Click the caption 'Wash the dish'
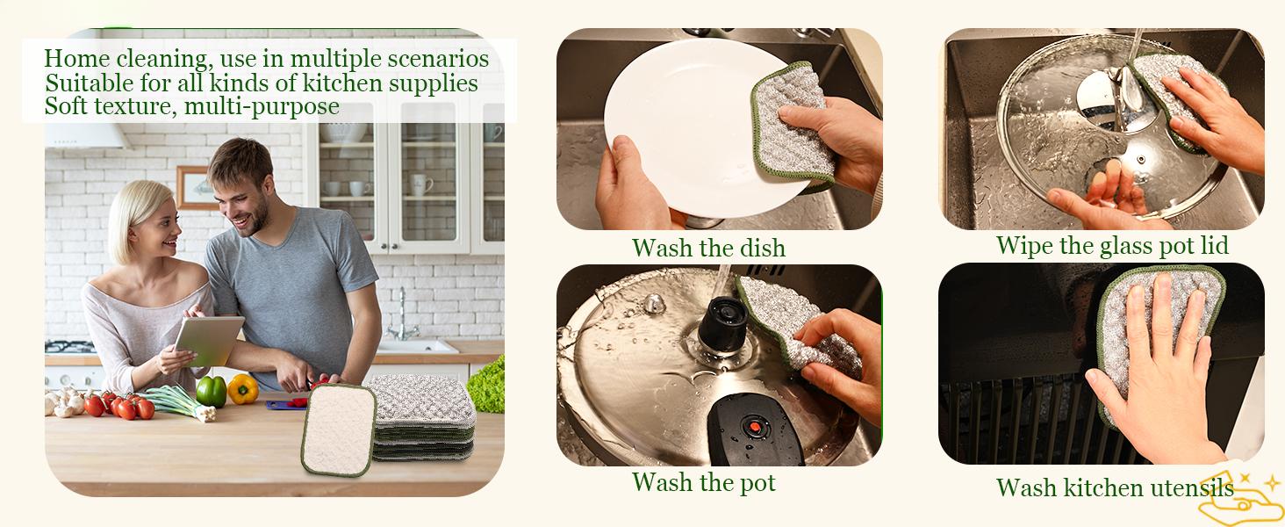[x=708, y=248]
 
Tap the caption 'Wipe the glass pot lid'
[x=1112, y=245]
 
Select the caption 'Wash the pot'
[x=704, y=482]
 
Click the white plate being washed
[x=676, y=114]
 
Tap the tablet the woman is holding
[x=209, y=340]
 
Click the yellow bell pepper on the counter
[x=242, y=388]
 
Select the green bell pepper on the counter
[x=211, y=391]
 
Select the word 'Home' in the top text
[x=75, y=59]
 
